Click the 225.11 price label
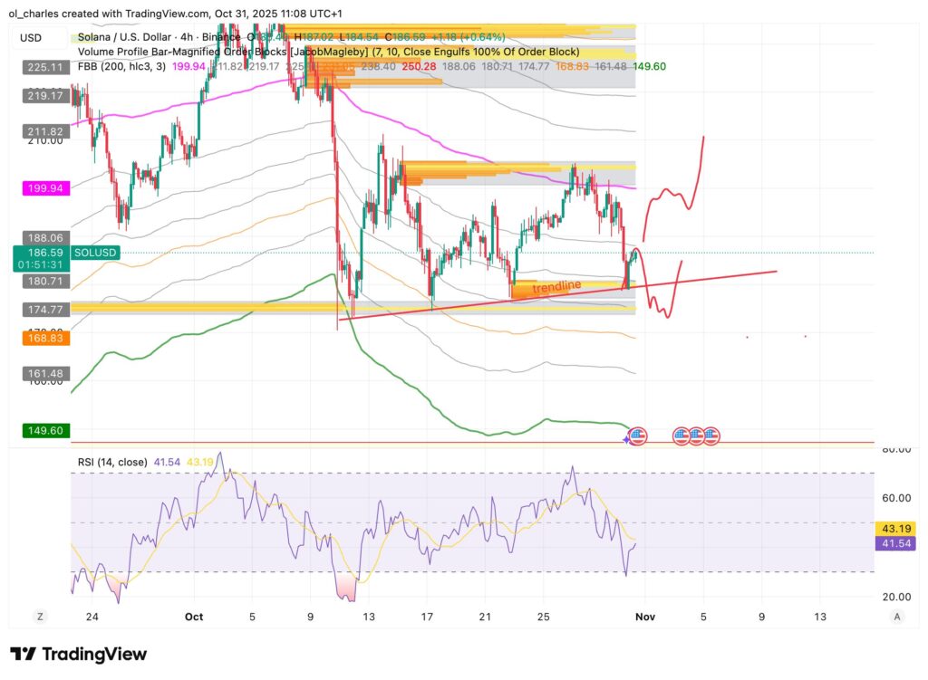tap(43, 66)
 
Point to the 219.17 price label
tap(43, 95)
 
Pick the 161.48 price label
tap(43, 373)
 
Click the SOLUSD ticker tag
tap(96, 253)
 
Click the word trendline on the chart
tap(556, 287)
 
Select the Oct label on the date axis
tap(193, 617)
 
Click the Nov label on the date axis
tap(644, 617)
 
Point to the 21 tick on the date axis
tap(485, 617)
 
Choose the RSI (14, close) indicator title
tap(111, 462)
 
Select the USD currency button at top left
tap(31, 37)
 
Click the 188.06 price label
tap(43, 236)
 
